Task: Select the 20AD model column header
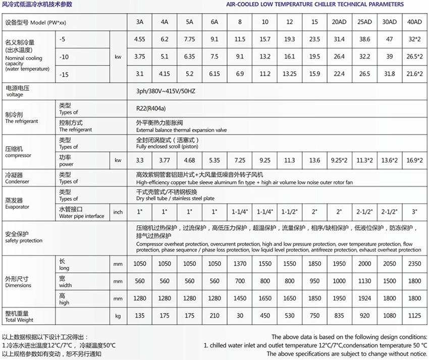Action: (339, 23)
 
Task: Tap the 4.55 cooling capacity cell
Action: (140, 39)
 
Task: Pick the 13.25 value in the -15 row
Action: (290, 74)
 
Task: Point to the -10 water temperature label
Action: (64, 56)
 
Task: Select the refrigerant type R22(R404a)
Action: (153, 107)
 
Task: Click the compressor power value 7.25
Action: (240, 160)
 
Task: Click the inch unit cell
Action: (118, 212)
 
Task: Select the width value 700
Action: (240, 281)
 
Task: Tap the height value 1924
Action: (364, 298)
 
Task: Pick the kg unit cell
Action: (118, 316)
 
